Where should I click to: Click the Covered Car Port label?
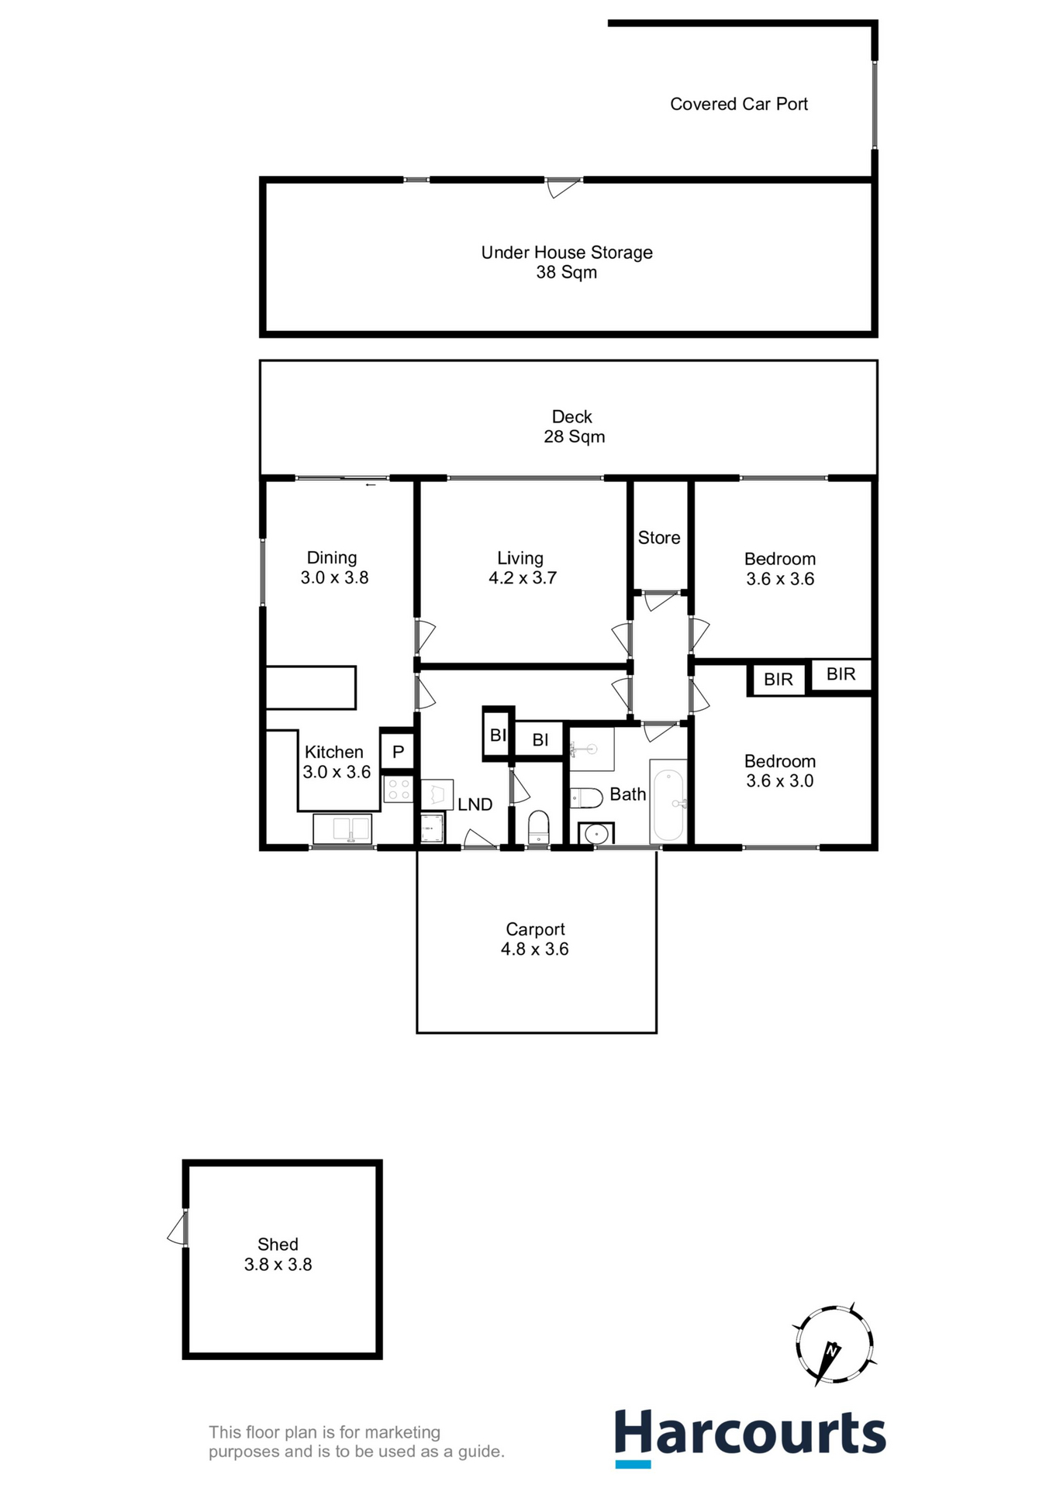click(738, 104)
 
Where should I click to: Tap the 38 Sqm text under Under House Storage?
click(566, 273)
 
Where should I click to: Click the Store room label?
click(658, 538)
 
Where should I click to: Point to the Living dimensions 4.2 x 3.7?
click(522, 578)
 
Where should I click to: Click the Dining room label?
click(332, 558)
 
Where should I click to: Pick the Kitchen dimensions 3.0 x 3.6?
click(337, 772)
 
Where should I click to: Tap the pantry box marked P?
click(398, 752)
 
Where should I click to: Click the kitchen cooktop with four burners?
click(399, 790)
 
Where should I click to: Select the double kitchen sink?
click(342, 829)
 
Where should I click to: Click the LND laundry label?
click(475, 804)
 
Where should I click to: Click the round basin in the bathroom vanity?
click(596, 834)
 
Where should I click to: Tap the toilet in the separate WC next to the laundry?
click(538, 826)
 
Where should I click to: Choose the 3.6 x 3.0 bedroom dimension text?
click(779, 781)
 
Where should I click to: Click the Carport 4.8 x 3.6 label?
click(535, 939)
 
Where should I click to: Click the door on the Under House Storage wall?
click(563, 187)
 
